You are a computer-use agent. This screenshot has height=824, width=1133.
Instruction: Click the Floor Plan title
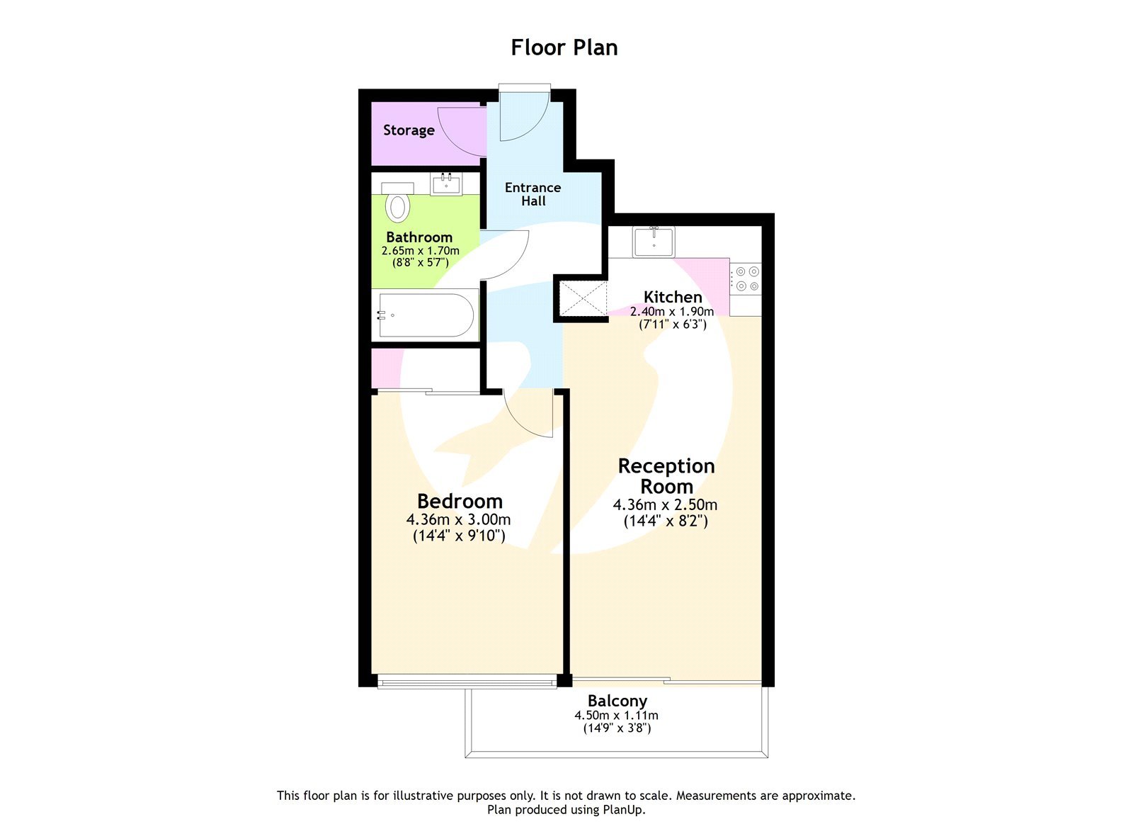pos(564,47)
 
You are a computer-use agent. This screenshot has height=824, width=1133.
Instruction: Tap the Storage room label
pos(409,130)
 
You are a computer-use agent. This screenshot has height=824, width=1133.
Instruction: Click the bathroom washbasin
pos(446,184)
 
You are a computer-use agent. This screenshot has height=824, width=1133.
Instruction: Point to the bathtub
pos(425,315)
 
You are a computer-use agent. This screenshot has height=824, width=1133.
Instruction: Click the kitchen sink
pos(654,242)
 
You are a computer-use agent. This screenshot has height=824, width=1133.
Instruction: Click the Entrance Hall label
pos(533,194)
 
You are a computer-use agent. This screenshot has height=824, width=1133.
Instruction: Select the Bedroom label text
pos(460,501)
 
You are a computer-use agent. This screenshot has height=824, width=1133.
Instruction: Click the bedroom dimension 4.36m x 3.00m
pos(458,519)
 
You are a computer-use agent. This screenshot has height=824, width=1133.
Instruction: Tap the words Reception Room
pos(666,476)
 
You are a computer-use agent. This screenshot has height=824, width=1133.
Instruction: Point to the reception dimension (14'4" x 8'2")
pos(666,521)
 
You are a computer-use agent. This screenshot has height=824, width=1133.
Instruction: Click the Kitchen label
pos(673,297)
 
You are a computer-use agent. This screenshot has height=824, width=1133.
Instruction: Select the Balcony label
pos(617,701)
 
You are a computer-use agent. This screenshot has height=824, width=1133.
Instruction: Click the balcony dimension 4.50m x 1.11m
pos(616,716)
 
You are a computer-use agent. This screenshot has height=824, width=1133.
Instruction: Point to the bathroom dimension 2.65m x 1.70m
pos(420,251)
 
